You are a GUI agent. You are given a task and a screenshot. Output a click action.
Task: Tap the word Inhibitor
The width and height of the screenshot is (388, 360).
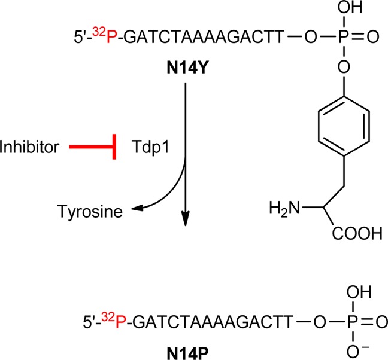[x=30, y=146]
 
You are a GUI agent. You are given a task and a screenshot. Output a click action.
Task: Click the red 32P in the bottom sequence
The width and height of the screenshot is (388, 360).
[x=110, y=323]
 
